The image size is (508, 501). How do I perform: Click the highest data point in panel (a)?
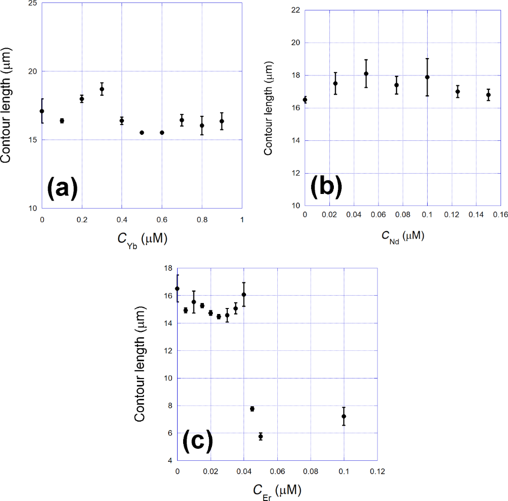point(102,89)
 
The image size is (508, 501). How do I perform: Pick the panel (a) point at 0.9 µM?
point(222,121)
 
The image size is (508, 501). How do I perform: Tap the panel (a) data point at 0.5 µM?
point(142,132)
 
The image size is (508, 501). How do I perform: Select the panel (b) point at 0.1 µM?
point(427,77)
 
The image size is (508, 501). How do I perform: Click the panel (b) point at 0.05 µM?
point(366,73)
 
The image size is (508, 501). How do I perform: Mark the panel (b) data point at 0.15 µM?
point(488,95)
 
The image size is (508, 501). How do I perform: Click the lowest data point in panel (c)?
point(260,437)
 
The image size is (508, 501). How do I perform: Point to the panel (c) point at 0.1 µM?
point(344,416)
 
